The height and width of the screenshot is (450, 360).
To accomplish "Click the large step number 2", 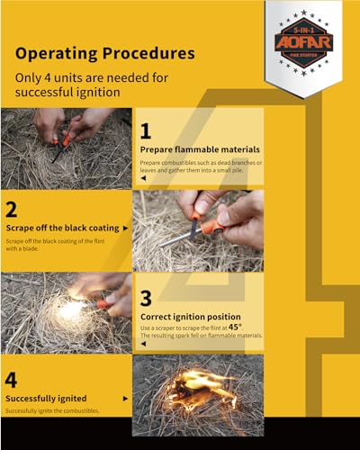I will pyautogui.click(x=13, y=209).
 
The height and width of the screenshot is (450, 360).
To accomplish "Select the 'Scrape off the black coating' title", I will pyautogui.click(x=61, y=229).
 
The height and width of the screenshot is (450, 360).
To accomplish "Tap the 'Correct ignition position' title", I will pyautogui.click(x=190, y=317).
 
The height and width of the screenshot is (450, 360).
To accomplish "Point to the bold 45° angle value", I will pyautogui.click(x=237, y=327).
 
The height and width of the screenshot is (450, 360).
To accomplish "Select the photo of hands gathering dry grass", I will pyautogui.click(x=66, y=147).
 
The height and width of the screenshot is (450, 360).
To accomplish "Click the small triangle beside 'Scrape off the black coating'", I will pyautogui.click(x=125, y=229).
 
